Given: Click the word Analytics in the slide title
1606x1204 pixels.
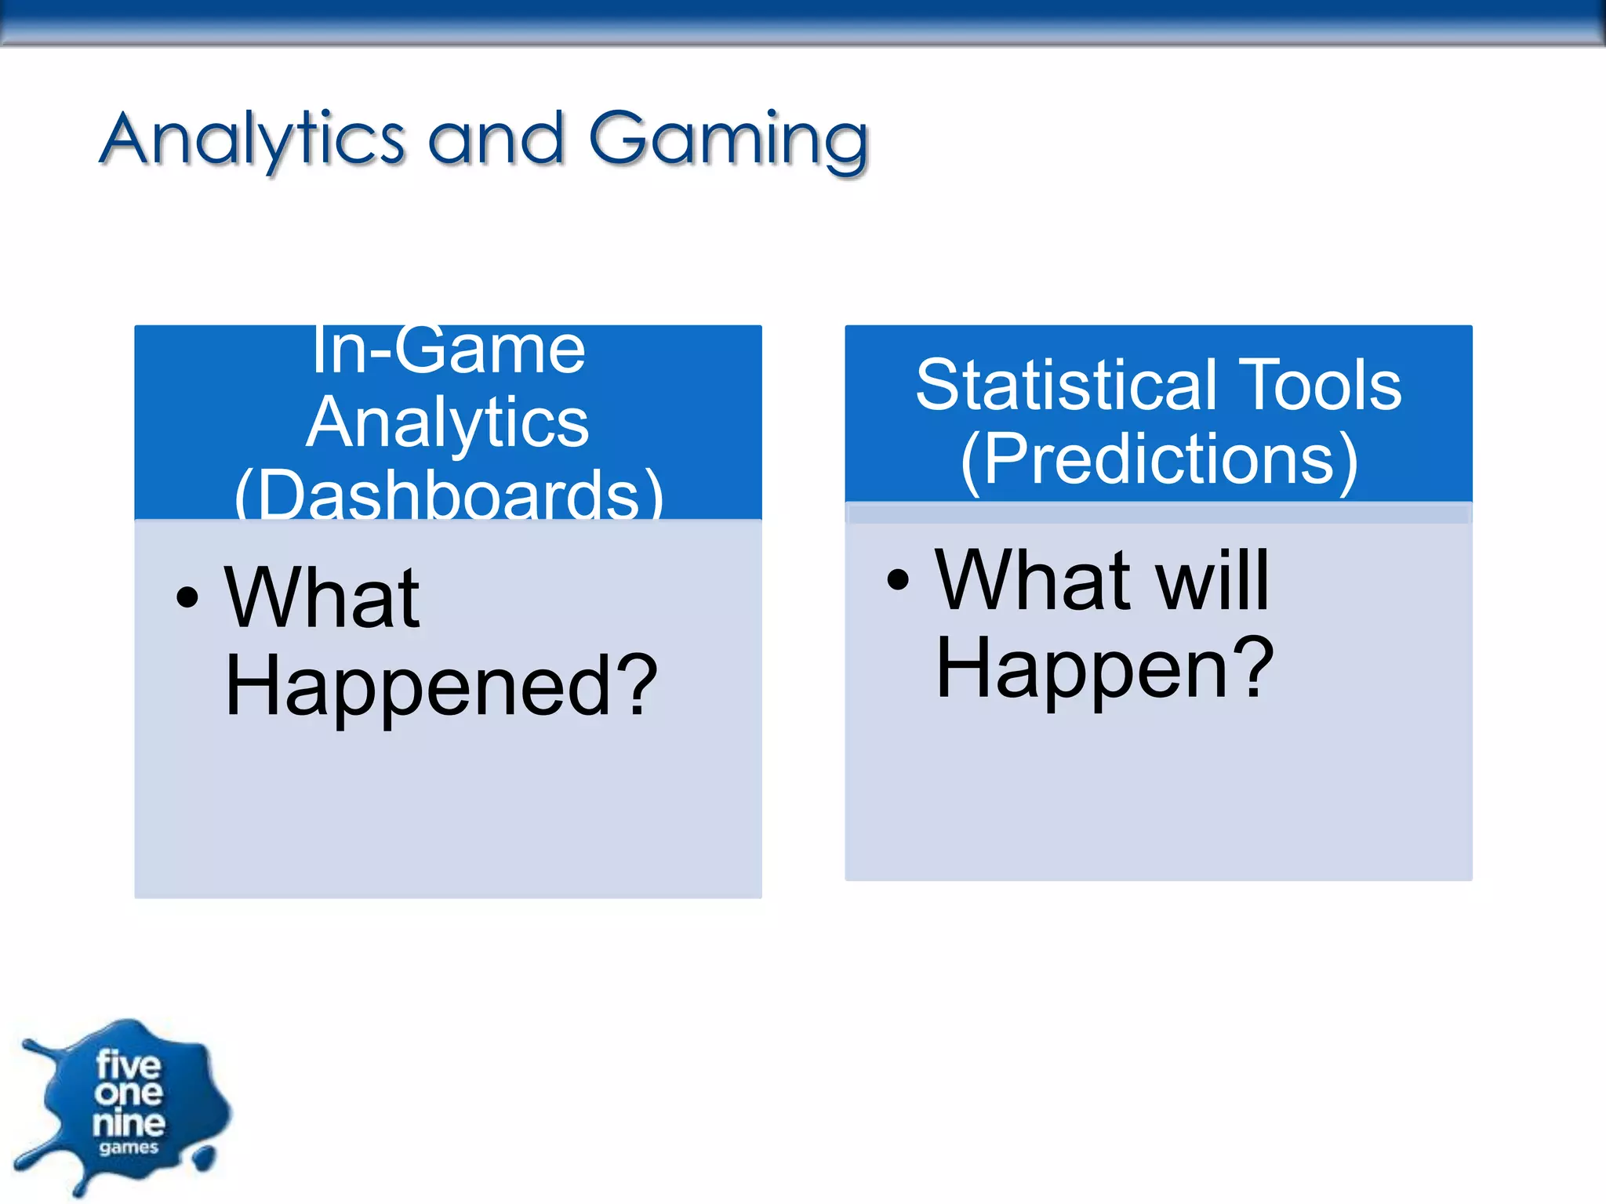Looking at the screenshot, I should tap(253, 140).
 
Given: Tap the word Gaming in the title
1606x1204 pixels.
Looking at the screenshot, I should tap(729, 140).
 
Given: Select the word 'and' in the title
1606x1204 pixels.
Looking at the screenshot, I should tap(496, 140).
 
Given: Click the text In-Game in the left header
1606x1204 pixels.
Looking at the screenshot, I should tap(448, 350).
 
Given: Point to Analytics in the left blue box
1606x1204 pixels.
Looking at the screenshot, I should tap(448, 423).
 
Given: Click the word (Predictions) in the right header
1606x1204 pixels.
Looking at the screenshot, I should tap(1159, 460).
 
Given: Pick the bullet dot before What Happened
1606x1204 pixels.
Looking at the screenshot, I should tap(187, 598).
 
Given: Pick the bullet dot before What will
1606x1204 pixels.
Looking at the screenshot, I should tap(898, 580).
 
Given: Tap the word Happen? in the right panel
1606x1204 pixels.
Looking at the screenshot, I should tap(1104, 669).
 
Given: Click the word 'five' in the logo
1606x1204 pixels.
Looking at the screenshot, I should tap(128, 1065).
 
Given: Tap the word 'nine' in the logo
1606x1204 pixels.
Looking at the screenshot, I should tap(129, 1123).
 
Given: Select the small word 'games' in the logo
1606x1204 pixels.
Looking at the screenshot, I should tap(129, 1148).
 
